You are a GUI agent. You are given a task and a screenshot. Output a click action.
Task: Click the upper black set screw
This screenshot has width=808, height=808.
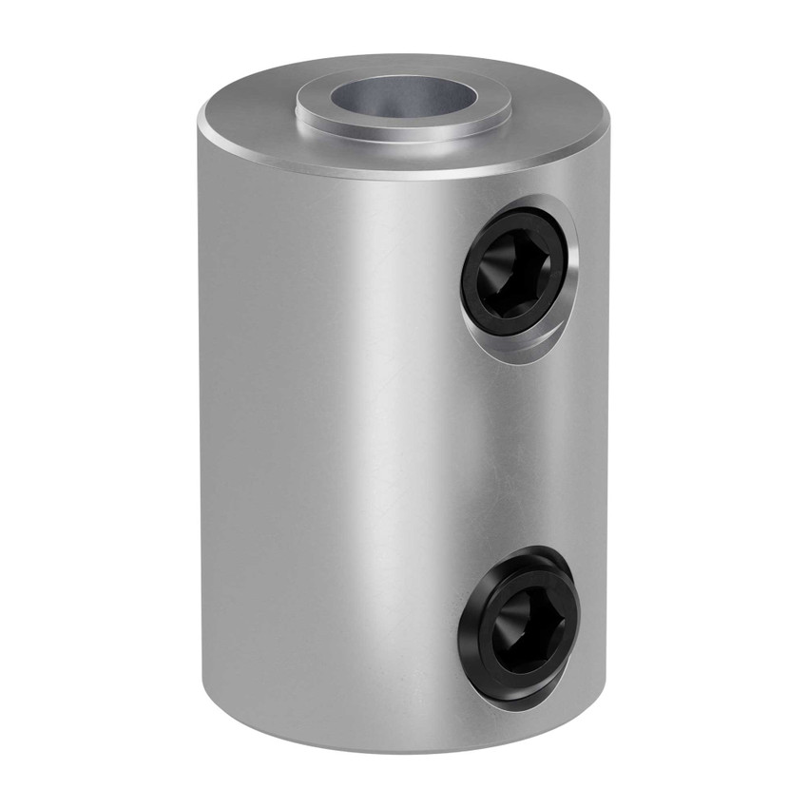click(x=514, y=276)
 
